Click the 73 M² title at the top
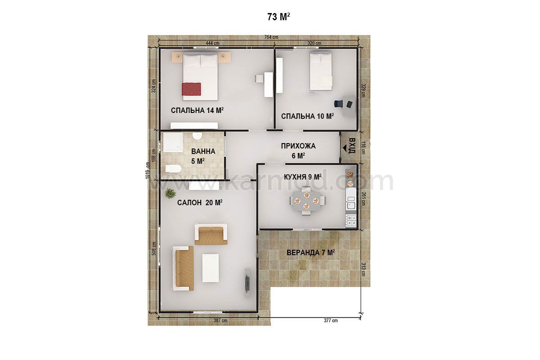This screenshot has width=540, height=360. (279, 17)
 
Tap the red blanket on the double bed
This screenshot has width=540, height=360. (191, 89)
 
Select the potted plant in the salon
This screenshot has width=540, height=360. (171, 193)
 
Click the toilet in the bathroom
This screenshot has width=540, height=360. (173, 168)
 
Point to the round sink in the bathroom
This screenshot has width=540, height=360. (197, 136)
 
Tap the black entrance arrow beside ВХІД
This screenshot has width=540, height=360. (346, 148)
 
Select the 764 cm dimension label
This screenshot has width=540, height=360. (271, 37)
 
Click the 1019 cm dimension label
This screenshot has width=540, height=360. (148, 170)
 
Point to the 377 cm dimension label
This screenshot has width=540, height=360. (331, 320)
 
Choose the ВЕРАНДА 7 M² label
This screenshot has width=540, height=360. (311, 253)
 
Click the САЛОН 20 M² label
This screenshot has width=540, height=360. (200, 202)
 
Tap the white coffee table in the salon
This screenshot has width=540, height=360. (211, 268)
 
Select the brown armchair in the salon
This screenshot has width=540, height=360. (211, 234)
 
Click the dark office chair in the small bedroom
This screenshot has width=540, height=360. (338, 103)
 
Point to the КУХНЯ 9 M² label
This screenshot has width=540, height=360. (302, 177)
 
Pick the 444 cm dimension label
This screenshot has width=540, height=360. (212, 43)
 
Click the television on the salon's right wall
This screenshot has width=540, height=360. (247, 280)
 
